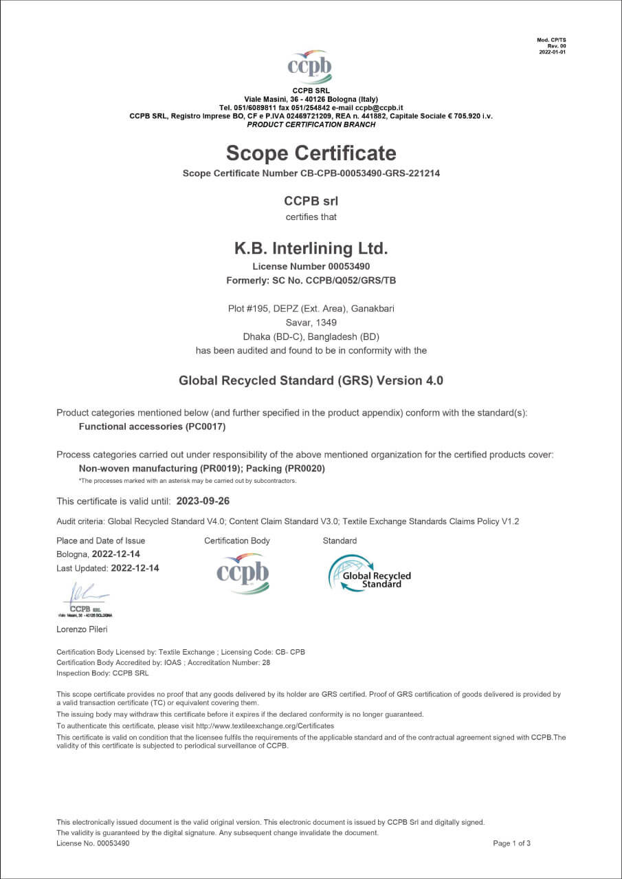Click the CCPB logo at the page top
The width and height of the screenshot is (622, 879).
[x=310, y=67]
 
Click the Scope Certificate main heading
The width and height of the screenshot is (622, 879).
[x=311, y=153]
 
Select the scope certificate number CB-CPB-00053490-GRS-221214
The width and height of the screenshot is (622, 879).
[x=370, y=173]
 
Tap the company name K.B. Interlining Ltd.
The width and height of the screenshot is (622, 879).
[x=311, y=248]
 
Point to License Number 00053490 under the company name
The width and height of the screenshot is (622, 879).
[x=311, y=265]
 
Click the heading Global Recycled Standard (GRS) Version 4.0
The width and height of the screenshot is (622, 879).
[x=311, y=380]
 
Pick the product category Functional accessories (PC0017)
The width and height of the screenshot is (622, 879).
[x=152, y=426]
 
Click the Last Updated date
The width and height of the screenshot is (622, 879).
[x=135, y=568]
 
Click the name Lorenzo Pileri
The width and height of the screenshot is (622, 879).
[x=82, y=629]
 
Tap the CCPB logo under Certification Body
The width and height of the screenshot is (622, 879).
[x=243, y=573]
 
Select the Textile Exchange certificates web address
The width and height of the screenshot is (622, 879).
[x=265, y=726]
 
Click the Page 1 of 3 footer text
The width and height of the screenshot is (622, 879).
[x=511, y=843]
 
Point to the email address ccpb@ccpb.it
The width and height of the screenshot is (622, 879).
[x=379, y=108]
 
